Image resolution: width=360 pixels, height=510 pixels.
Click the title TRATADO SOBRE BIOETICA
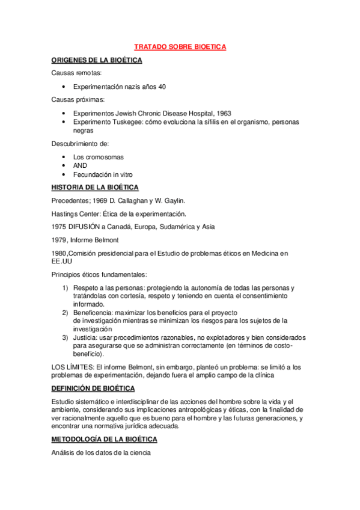(x=179, y=46)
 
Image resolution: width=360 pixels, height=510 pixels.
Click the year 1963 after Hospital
(x=223, y=113)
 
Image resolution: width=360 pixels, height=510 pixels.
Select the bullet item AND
(x=80, y=165)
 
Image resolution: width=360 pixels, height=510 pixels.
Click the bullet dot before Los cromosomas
(x=64, y=157)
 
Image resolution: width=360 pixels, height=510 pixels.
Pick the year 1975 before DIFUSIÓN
(x=59, y=227)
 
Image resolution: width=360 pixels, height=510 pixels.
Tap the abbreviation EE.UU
(x=62, y=262)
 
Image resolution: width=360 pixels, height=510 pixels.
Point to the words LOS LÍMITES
(x=72, y=367)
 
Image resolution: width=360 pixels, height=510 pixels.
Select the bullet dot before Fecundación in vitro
(x=64, y=174)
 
